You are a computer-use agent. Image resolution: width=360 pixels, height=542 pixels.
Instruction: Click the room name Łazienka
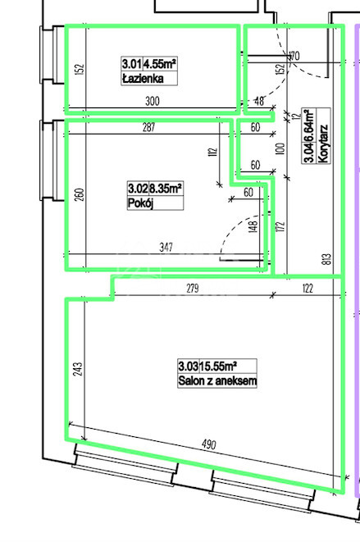coord(143,79)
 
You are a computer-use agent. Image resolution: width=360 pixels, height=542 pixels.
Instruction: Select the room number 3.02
coord(138,189)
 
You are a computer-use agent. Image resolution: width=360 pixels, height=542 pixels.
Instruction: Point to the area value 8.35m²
coord(166,189)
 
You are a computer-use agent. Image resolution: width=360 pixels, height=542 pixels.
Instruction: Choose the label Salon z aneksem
coord(217,380)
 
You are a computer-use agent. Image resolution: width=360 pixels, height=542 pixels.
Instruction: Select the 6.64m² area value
coord(309,125)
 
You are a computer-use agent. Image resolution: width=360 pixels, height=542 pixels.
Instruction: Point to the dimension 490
coord(209,444)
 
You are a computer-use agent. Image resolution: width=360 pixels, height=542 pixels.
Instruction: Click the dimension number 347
coord(166,247)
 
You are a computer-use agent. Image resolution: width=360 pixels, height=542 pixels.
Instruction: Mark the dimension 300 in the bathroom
coord(153,101)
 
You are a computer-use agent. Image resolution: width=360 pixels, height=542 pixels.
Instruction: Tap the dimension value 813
coord(328,259)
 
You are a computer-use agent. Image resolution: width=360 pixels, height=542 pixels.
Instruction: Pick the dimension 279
coord(193,288)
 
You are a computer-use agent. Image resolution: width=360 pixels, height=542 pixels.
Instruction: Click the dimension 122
coord(308,288)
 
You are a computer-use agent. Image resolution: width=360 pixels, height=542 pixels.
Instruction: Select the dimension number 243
coord(78,369)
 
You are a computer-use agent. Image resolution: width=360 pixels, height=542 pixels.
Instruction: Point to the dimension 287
coord(148,127)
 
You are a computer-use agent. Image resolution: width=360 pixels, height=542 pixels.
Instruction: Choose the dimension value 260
coord(80,195)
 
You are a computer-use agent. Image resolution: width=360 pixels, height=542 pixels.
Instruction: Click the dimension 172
coord(280,226)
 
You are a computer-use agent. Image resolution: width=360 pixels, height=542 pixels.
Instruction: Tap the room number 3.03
coord(189,366)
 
